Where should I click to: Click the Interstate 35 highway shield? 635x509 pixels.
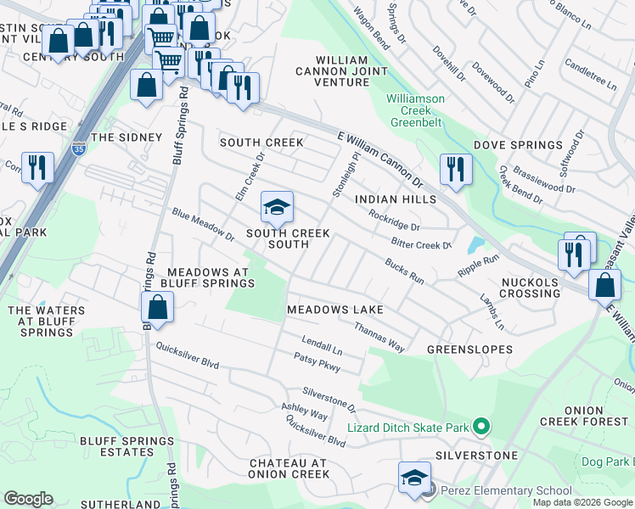(x=79, y=147)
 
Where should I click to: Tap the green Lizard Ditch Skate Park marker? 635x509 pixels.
(x=481, y=427)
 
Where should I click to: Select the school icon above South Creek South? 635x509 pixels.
(x=276, y=207)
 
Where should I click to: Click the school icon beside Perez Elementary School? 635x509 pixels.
(x=414, y=477)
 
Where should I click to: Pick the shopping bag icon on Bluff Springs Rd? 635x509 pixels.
(x=157, y=307)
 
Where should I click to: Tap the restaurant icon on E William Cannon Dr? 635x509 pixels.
(x=456, y=169)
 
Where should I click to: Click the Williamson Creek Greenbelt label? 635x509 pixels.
(x=415, y=110)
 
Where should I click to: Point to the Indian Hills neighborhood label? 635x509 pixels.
(x=395, y=199)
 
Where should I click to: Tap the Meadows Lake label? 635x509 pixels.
(x=335, y=310)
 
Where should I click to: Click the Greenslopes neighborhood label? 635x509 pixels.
(x=469, y=350)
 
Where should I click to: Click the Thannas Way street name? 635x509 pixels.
(x=379, y=337)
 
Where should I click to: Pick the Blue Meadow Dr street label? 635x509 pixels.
(x=202, y=224)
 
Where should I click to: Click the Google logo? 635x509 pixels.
(x=28, y=499)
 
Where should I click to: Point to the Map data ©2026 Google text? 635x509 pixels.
(x=582, y=502)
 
